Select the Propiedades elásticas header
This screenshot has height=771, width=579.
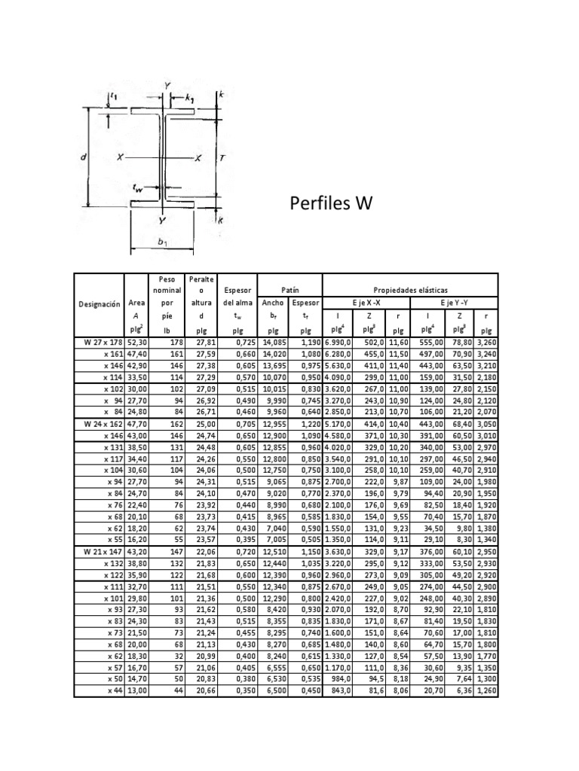(411, 289)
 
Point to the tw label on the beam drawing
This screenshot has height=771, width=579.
(137, 191)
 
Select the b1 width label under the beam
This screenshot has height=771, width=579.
(161, 242)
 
